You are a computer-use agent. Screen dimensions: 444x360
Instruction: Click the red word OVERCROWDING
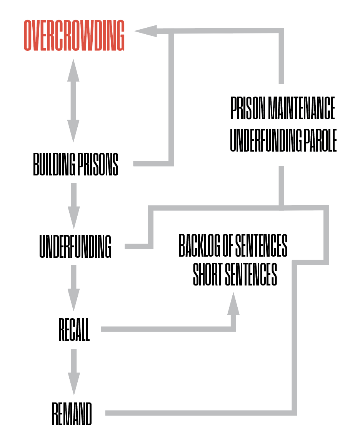click(74, 35)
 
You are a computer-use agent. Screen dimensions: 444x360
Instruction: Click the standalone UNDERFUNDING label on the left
click(75, 247)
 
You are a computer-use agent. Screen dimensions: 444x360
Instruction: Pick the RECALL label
click(74, 329)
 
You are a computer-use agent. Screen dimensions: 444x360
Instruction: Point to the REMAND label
click(72, 414)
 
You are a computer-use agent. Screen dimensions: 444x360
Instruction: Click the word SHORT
click(208, 275)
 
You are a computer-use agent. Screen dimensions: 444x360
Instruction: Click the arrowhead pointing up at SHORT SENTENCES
click(233, 304)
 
